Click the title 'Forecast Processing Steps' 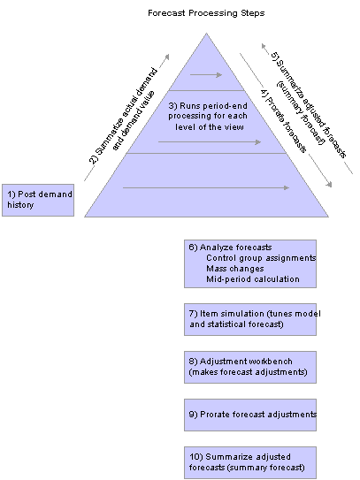click(x=206, y=13)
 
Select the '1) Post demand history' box click(x=38, y=200)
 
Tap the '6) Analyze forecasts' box click(x=250, y=264)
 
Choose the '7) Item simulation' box click(x=250, y=320)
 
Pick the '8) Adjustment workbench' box click(x=250, y=368)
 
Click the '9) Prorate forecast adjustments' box click(x=250, y=415)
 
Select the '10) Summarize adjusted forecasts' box click(x=250, y=463)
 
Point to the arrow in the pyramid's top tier click(x=206, y=74)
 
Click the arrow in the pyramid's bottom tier click(x=206, y=187)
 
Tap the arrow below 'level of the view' click(x=210, y=142)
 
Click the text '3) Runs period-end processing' click(x=208, y=110)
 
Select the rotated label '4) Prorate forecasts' click(x=283, y=121)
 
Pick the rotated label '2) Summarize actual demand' click(x=123, y=117)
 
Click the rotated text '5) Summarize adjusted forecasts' click(x=309, y=105)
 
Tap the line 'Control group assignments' click(x=261, y=258)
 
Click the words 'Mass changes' click(x=235, y=269)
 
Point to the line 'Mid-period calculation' click(x=253, y=279)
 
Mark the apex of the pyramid click(x=206, y=33)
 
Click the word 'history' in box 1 click(x=20, y=205)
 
